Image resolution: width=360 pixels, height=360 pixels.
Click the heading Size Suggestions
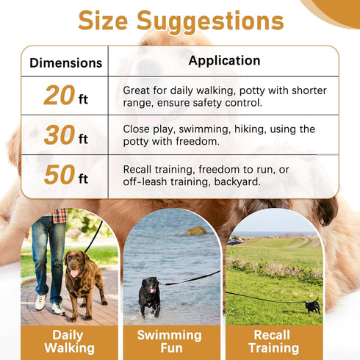pyautogui.click(x=179, y=21)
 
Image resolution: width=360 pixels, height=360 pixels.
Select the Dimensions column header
pyautogui.click(x=65, y=63)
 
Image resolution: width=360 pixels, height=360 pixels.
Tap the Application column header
pyautogui.click(x=224, y=61)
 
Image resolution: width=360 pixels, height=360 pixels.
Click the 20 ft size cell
pyautogui.click(x=65, y=96)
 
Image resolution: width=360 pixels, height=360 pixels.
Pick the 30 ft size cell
pyautogui.click(x=65, y=135)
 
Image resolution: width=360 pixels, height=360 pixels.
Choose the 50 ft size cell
pyautogui.click(x=65, y=176)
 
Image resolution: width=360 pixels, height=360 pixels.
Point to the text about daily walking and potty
pyautogui.click(x=225, y=96)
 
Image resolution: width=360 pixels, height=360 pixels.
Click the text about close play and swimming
pyautogui.click(x=219, y=135)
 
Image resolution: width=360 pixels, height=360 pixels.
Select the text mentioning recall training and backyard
pyautogui.click(x=206, y=176)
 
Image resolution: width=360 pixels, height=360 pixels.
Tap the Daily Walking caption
pyautogui.click(x=69, y=342)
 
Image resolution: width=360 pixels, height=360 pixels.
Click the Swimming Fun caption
pyautogui.click(x=170, y=342)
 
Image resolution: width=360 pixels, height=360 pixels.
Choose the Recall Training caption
pyautogui.click(x=272, y=342)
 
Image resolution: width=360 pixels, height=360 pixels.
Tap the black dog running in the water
pyautogui.click(x=149, y=295)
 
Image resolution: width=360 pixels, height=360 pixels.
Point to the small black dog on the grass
pyautogui.click(x=312, y=306)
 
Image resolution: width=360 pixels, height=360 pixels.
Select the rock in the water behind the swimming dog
pyautogui.click(x=196, y=231)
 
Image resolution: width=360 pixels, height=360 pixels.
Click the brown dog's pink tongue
pyautogui.click(x=73, y=274)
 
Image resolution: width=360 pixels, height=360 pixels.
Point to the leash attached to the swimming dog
pyautogui.click(x=191, y=278)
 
